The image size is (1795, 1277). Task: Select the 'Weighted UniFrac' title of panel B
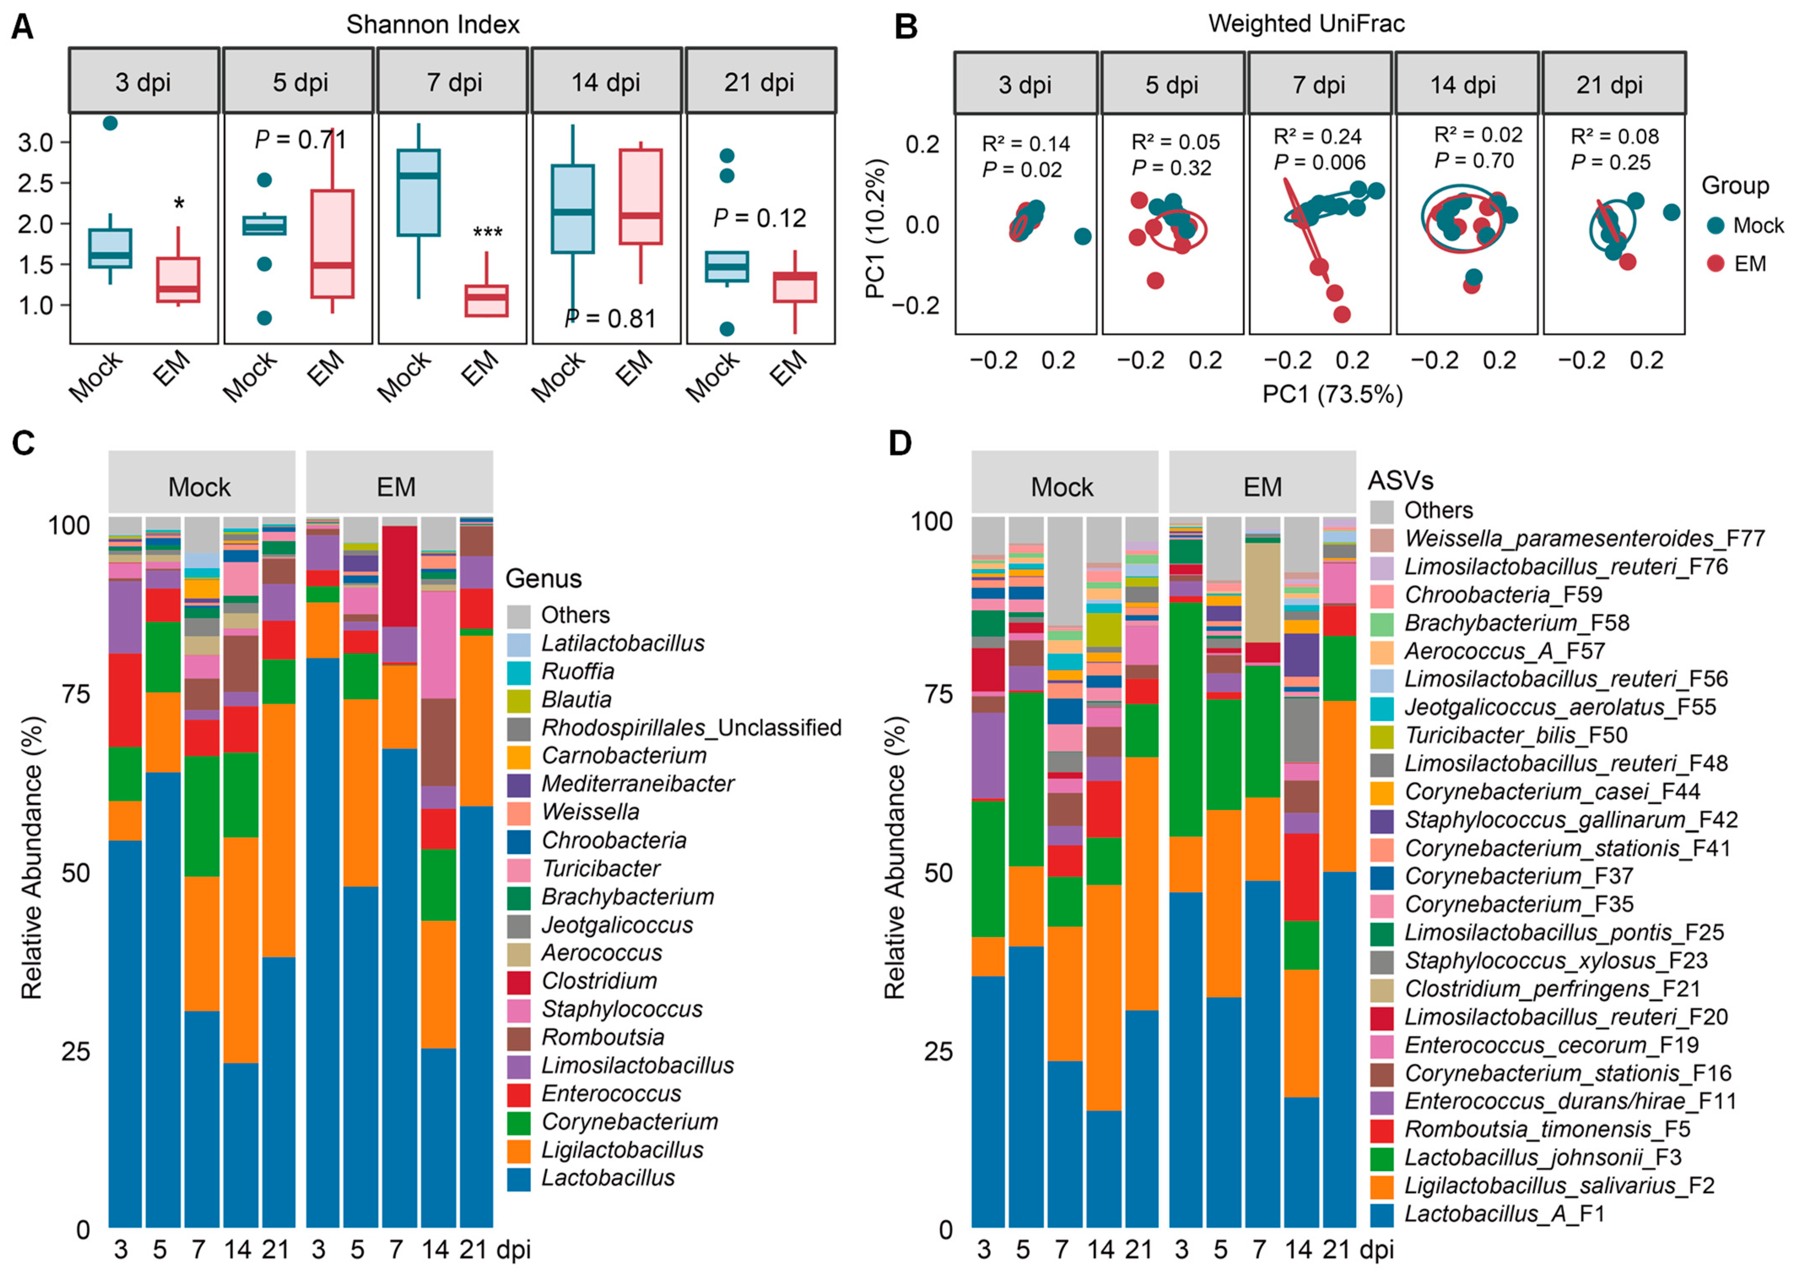point(1306,24)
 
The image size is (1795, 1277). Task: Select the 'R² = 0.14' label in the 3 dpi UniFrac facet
point(1025,144)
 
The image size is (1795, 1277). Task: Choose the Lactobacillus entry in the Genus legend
point(607,1178)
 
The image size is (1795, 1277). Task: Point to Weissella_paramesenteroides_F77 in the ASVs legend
point(1583,539)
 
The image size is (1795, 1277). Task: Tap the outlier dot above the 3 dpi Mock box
point(110,123)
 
